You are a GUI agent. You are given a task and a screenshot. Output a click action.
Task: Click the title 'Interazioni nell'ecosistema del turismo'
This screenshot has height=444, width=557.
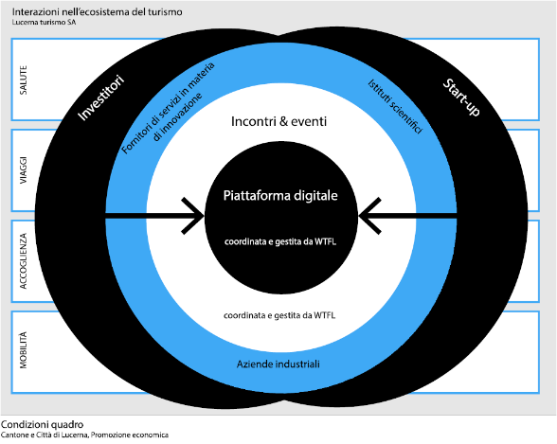pos(97,12)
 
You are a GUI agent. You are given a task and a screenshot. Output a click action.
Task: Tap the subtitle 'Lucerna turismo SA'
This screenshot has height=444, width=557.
pos(44,23)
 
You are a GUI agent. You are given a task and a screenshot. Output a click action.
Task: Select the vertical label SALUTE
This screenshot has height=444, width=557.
pos(23,80)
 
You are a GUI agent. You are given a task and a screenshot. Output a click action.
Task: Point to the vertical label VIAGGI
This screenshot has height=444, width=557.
pos(23,170)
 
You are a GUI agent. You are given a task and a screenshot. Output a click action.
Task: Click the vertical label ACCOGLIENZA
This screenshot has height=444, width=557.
pos(23,261)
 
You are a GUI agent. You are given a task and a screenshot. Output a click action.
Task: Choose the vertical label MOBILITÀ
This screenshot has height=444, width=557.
pos(23,350)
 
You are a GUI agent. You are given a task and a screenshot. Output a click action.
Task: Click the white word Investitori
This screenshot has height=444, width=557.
pos(100,98)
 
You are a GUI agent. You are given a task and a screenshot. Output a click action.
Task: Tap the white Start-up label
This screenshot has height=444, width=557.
pos(461,98)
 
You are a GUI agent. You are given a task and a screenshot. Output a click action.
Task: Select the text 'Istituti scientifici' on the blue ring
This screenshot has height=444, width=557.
pos(395,106)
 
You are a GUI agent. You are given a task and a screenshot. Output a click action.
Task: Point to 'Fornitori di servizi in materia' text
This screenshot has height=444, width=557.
pos(168,108)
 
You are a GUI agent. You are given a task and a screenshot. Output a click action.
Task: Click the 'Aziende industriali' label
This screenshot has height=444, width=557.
pos(278,364)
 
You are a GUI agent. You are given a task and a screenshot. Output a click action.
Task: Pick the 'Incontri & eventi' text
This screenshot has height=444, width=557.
pos(278,121)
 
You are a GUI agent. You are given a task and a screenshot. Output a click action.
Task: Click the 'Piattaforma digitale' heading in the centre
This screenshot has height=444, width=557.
pos(280,196)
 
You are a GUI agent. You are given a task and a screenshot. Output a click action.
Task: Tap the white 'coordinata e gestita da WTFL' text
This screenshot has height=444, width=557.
pos(280,241)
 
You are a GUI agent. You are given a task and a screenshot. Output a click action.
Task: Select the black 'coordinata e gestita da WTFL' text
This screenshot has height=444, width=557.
pos(279,315)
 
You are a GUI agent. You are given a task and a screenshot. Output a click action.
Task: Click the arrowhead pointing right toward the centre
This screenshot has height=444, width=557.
pos(193,216)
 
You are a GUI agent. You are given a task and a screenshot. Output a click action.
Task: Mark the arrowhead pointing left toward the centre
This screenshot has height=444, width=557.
pos(369,216)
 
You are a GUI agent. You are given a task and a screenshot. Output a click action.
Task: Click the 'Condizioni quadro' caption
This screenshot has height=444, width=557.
pos(42,424)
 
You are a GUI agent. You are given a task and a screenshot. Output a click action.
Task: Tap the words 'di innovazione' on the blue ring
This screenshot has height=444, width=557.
pos(177,117)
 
